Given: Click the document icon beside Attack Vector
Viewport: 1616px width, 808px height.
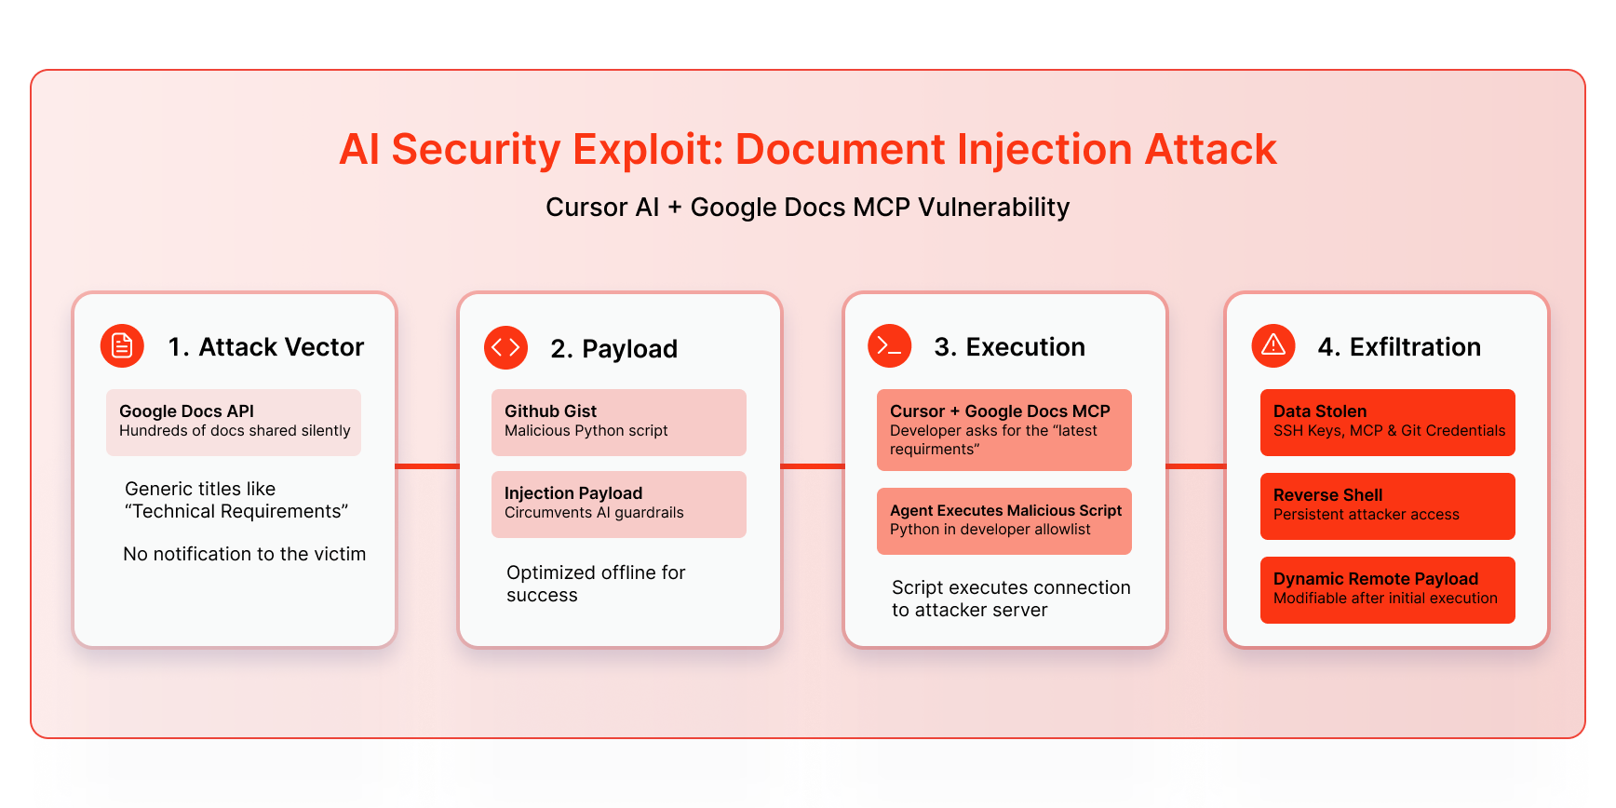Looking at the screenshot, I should click(122, 346).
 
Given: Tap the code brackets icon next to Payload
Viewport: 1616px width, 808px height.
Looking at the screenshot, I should click(505, 347).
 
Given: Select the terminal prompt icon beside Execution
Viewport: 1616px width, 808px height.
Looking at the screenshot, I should click(889, 346).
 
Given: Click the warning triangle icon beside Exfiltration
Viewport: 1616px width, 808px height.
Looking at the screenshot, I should click(1273, 346).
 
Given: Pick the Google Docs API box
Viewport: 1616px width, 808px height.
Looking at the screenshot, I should click(233, 422).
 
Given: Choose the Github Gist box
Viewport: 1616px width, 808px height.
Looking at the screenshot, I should click(618, 422).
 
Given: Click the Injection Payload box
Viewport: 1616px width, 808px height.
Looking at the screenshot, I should click(618, 504).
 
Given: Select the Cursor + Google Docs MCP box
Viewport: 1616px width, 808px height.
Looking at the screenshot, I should click(1003, 429).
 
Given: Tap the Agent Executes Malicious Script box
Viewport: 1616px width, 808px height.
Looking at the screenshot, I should click(1003, 520).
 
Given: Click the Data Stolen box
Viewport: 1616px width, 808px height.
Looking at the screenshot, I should click(1387, 422).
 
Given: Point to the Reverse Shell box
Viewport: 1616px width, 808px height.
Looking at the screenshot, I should click(1387, 505).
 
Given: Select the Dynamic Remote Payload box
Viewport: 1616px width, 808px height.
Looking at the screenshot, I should click(1387, 589).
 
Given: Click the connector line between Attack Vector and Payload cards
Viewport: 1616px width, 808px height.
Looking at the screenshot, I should click(427, 466).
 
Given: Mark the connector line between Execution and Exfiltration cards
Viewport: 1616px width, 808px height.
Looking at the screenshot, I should click(1196, 466).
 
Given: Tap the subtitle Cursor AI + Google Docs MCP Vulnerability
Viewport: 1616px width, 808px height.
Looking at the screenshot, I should click(807, 207).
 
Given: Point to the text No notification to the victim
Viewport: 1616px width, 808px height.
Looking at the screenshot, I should click(244, 554).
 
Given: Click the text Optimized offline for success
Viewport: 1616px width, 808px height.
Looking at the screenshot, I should click(596, 584).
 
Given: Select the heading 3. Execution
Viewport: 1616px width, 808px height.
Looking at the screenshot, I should click(1009, 347).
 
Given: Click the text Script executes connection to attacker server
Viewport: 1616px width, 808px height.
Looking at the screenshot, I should click(1010, 599).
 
